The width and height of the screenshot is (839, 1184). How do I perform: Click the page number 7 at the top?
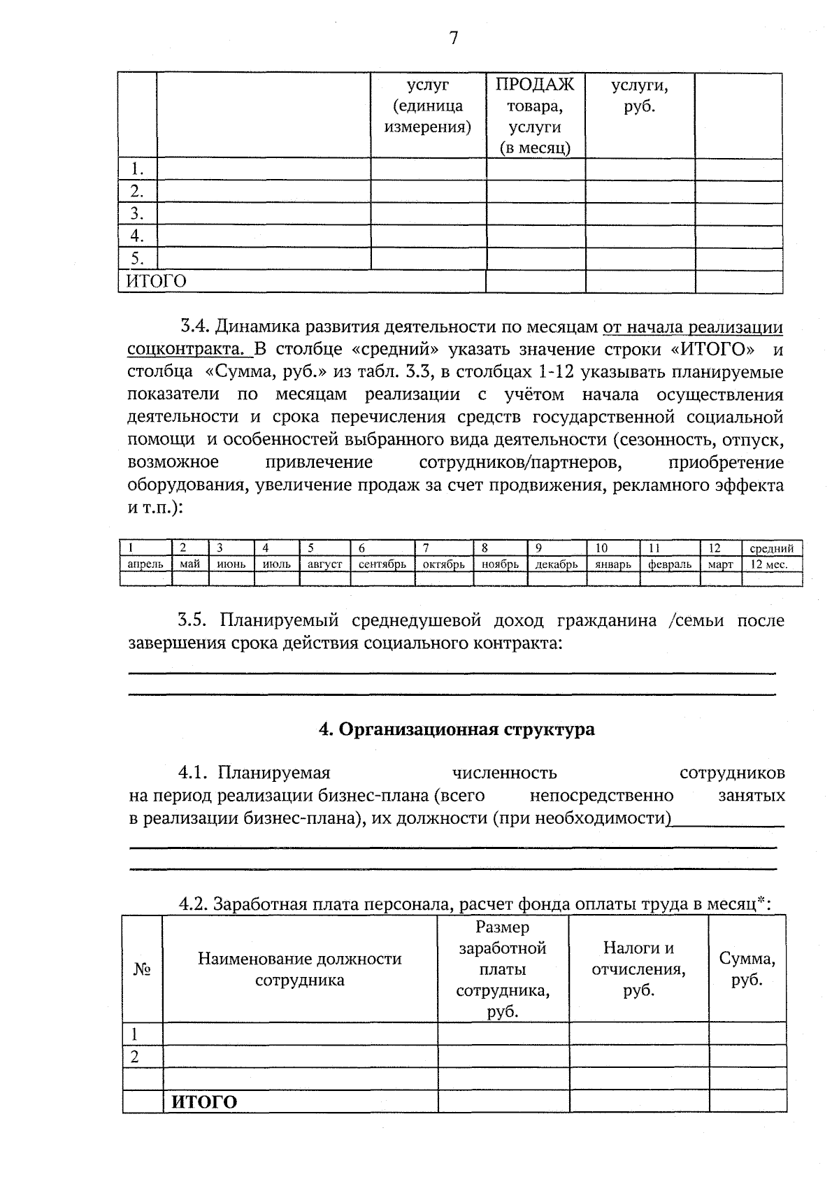point(453,38)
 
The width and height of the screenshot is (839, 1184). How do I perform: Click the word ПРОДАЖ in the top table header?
point(535,85)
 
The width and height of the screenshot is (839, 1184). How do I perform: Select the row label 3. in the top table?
point(137,213)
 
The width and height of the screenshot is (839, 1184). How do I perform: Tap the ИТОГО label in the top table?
point(156,281)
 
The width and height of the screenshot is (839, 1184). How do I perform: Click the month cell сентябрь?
point(382,564)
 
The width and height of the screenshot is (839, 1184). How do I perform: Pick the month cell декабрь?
point(556,564)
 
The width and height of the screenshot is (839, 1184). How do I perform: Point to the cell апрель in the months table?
point(145,564)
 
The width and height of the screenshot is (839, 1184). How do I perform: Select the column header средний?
point(771,549)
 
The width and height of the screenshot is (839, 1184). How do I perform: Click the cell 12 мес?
point(768,564)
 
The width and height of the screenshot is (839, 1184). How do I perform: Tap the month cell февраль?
point(669,564)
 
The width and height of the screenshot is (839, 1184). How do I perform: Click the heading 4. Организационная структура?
point(457,729)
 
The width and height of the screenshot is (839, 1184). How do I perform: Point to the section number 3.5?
point(194,620)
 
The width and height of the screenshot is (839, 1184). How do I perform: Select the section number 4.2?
point(194,904)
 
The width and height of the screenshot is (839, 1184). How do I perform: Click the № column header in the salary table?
point(142,969)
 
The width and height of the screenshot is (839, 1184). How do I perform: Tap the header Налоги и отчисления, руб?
point(638,969)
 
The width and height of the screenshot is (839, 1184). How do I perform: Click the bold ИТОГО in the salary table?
point(204,1102)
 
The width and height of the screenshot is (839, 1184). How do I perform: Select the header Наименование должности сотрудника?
point(299,969)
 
